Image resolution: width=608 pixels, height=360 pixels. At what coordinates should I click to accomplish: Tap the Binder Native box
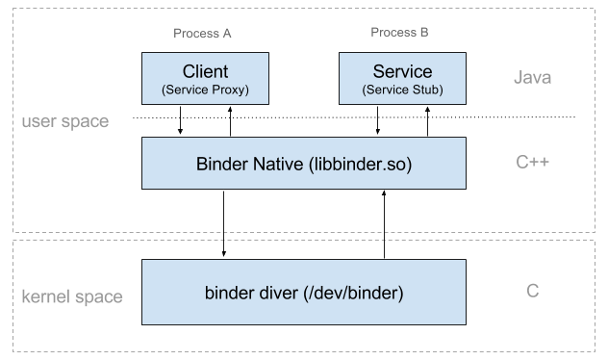pyautogui.click(x=303, y=163)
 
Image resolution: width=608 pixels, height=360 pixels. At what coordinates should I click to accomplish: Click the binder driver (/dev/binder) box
pyautogui.click(x=303, y=292)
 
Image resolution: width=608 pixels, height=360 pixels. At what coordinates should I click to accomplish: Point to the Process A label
pyautogui.click(x=202, y=33)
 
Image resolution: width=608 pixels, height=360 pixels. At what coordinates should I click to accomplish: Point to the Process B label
pyautogui.click(x=399, y=33)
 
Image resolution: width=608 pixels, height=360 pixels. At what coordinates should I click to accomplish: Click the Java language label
pyautogui.click(x=532, y=78)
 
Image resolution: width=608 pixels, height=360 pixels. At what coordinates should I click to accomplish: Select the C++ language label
pyautogui.click(x=532, y=163)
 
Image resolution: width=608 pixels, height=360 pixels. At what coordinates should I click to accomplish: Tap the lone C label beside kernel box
pyautogui.click(x=532, y=291)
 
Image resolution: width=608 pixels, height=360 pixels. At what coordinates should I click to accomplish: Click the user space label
pyautogui.click(x=64, y=123)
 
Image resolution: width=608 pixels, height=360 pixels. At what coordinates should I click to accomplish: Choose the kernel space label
pyautogui.click(x=72, y=296)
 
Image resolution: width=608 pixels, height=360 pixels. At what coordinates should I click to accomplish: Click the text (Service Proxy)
pyautogui.click(x=204, y=90)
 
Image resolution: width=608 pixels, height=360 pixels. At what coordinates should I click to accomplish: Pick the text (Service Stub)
pyautogui.click(x=401, y=90)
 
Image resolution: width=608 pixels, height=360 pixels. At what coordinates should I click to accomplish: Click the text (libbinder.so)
pyautogui.click(x=360, y=165)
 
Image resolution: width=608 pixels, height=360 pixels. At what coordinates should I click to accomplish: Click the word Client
pyautogui.click(x=204, y=72)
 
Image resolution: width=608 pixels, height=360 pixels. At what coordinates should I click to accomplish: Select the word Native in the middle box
pyautogui.click(x=275, y=164)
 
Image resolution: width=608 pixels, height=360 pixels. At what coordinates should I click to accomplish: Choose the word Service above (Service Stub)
pyautogui.click(x=401, y=72)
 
